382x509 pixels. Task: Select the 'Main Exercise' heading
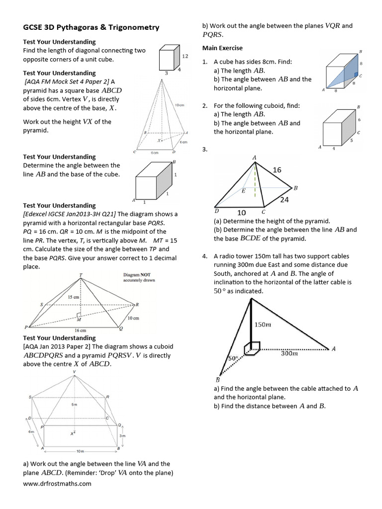[222, 48]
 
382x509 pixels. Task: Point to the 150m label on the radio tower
[263, 325]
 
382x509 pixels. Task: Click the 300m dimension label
[289, 354]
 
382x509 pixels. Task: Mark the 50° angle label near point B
[232, 358]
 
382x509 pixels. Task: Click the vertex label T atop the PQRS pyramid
[81, 274]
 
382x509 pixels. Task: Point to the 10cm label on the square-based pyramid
[180, 105]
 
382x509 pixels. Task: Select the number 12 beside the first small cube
[185, 56]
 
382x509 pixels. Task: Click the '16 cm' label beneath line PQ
[80, 331]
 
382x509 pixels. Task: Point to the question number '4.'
[205, 256]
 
